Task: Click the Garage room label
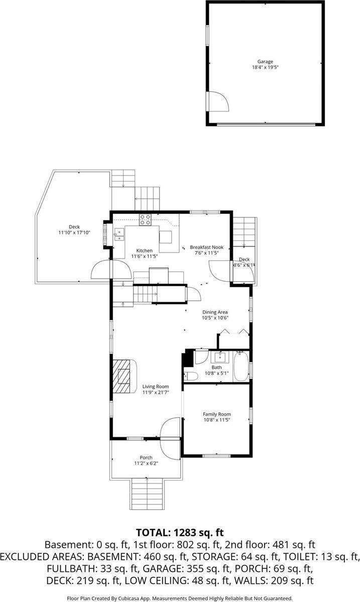click(266, 61)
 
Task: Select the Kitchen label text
click(145, 251)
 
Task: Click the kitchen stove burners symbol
click(146, 219)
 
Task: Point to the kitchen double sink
click(119, 233)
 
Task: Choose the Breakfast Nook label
click(206, 247)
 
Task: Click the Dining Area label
click(215, 312)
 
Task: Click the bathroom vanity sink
click(220, 357)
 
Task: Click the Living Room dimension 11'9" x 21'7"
click(155, 392)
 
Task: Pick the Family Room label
click(217, 414)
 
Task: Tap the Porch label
click(146, 457)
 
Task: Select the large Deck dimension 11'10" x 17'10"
click(74, 233)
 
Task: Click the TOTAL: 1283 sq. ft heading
click(180, 532)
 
